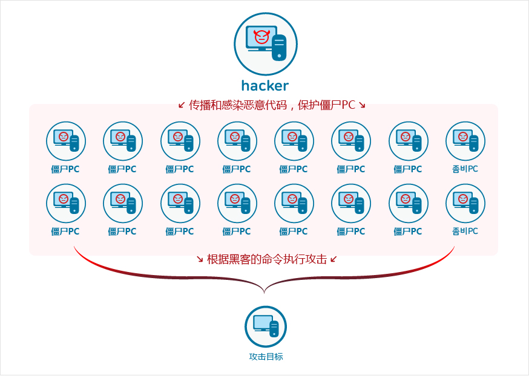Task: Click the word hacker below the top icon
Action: click(x=265, y=85)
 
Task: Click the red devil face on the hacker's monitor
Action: click(x=261, y=37)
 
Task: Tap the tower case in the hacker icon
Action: click(x=278, y=47)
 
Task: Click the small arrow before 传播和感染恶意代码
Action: click(x=182, y=105)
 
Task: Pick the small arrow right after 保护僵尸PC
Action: click(x=362, y=105)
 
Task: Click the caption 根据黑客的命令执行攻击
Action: click(x=266, y=259)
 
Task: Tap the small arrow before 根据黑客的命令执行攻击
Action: click(x=200, y=259)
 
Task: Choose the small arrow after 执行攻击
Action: click(x=333, y=259)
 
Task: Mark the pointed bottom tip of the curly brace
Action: click(x=264, y=293)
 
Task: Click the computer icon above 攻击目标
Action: click(x=265, y=326)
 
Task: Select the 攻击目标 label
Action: click(x=266, y=357)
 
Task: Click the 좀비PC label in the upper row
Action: click(x=465, y=169)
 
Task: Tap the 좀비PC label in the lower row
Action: click(x=465, y=231)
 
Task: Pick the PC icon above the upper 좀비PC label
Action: click(x=465, y=141)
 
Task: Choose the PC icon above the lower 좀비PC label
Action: click(x=465, y=203)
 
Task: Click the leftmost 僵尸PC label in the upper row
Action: click(x=65, y=169)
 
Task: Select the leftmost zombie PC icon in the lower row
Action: click(x=66, y=203)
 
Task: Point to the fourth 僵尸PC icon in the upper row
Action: click(x=237, y=141)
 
